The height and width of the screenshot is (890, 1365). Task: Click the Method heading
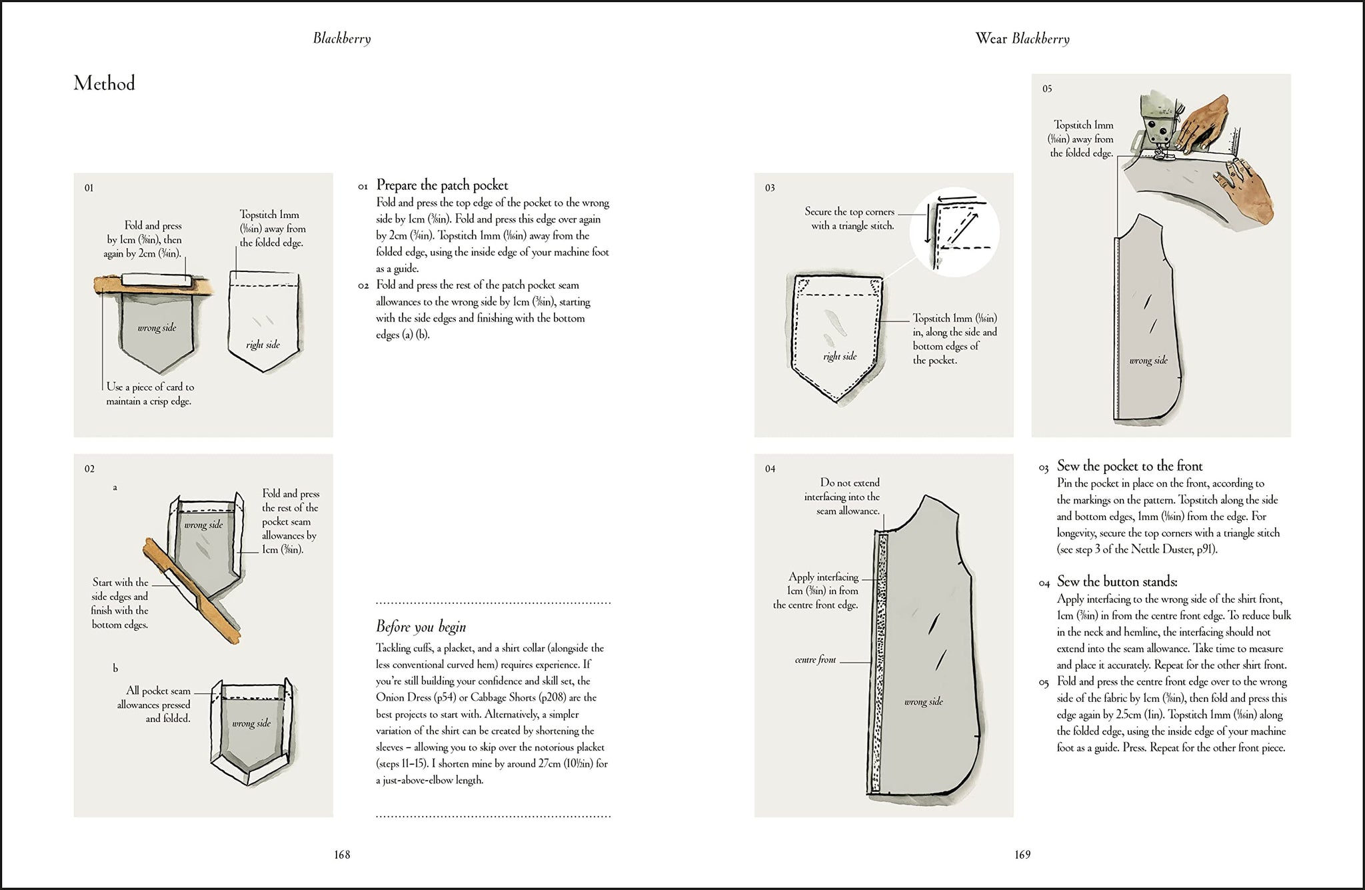pos(104,83)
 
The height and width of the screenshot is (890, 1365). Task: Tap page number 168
pos(342,855)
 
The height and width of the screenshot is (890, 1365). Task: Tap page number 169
pos(1022,855)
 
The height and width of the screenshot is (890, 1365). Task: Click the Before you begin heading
pos(421,627)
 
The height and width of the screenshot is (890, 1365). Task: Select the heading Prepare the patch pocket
pos(442,185)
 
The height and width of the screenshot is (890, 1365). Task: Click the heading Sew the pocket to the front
pos(1129,466)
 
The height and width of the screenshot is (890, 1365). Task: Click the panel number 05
pos(1047,89)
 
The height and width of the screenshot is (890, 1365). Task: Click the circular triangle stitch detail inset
pos(954,231)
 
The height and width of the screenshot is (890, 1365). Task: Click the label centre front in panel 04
pos(814,660)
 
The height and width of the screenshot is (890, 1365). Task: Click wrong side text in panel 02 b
pos(251,723)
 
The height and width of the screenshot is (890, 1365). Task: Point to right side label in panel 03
pos(839,357)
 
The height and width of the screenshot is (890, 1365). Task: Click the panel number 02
pos(89,469)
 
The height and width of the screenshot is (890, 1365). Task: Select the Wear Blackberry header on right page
pos(1022,39)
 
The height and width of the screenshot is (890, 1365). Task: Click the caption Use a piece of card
pos(149,394)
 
